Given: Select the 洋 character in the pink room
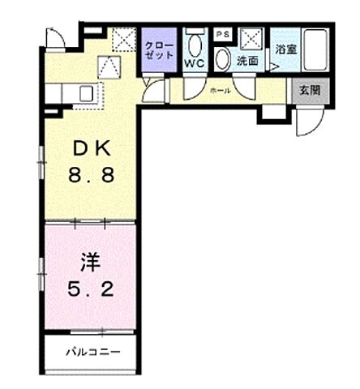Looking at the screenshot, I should click(89, 263).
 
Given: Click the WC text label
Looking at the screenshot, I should click(195, 62).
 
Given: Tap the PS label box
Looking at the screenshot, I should click(221, 33).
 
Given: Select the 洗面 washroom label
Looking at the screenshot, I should click(246, 61).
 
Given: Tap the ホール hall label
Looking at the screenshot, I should click(221, 91).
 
